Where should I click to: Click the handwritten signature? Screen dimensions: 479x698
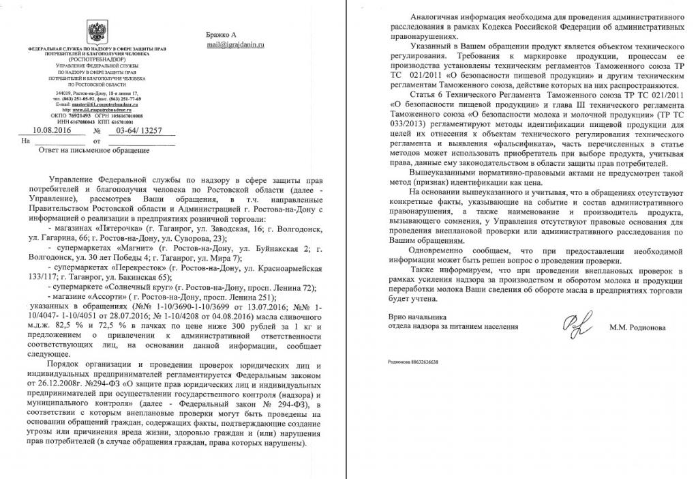(571, 326)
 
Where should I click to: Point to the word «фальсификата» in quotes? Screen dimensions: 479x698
(553, 147)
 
